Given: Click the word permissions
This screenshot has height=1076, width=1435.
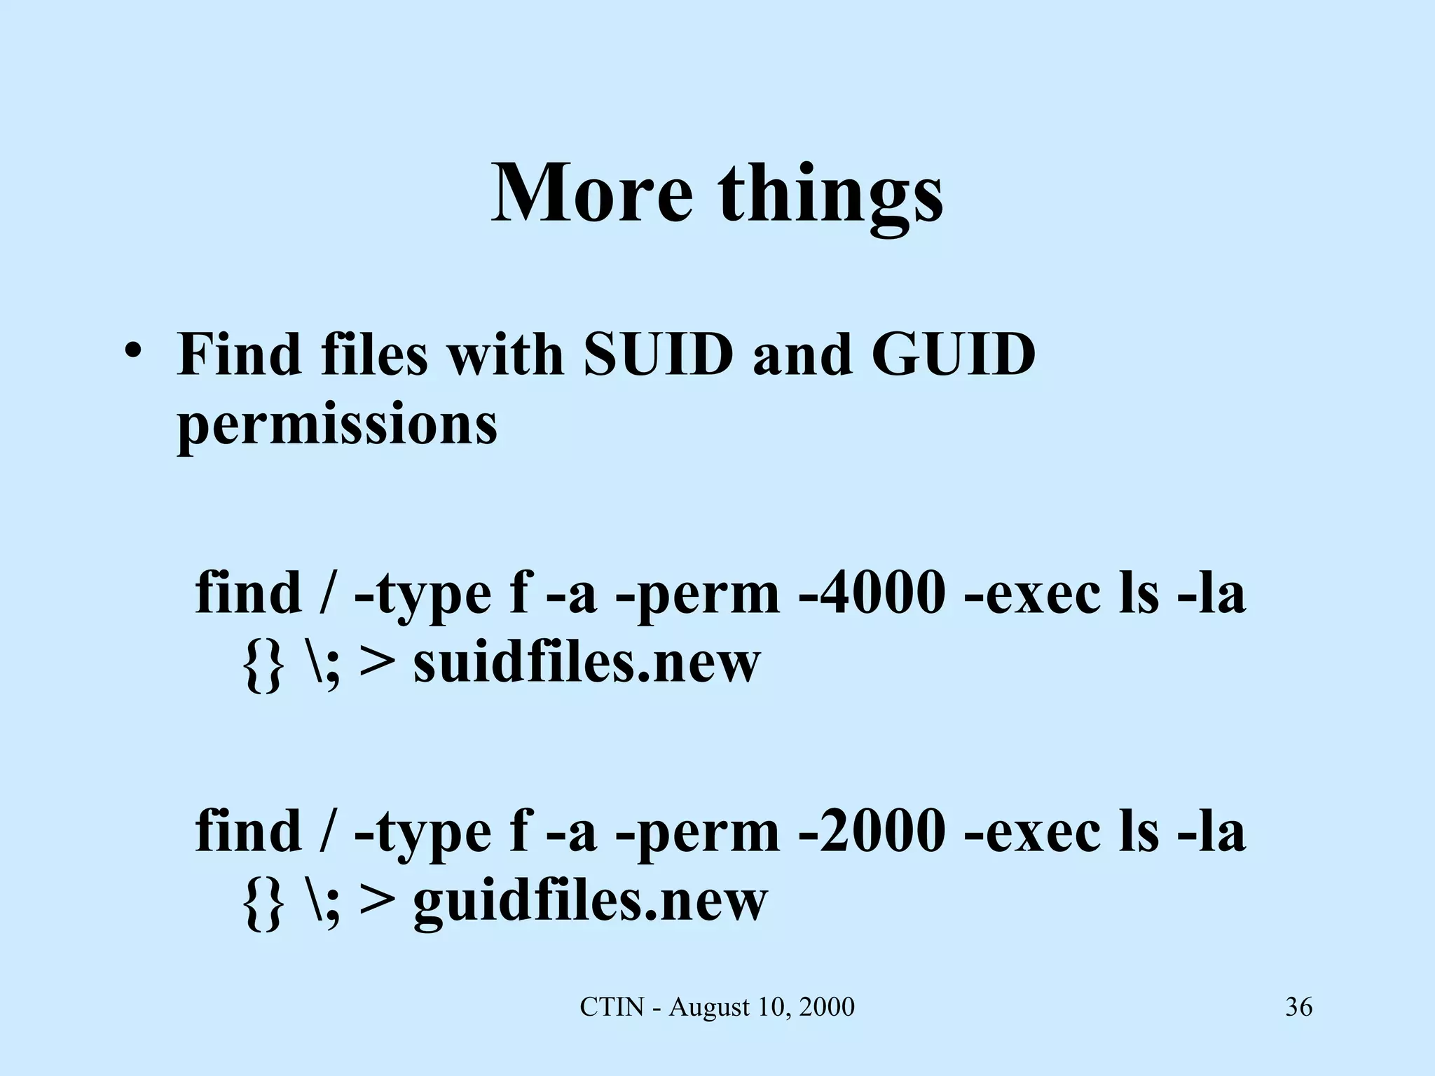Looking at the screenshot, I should (x=337, y=425).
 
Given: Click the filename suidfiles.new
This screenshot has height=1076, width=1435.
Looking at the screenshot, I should (x=586, y=663).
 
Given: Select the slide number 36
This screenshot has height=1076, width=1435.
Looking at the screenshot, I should (x=1298, y=1007).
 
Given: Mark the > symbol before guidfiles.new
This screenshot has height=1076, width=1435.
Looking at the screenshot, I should (x=376, y=902).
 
